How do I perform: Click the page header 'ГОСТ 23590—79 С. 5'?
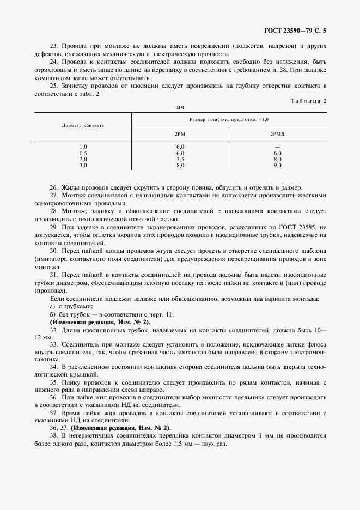point(310,32)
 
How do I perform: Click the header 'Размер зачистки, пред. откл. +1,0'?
point(229,119)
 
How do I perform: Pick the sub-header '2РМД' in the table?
point(277,133)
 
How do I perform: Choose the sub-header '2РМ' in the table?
point(180,133)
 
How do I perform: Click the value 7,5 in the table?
point(180,159)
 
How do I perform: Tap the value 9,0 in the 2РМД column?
point(277,165)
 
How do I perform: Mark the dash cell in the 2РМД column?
point(277,147)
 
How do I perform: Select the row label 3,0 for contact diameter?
point(83,165)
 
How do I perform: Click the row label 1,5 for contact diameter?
point(83,153)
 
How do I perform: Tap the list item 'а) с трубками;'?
point(70,307)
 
